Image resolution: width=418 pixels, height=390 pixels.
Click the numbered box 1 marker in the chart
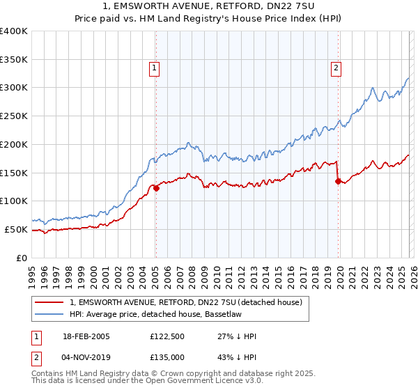click(x=154, y=68)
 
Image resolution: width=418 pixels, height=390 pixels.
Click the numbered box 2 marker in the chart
click(x=336, y=68)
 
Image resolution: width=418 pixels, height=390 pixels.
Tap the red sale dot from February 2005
click(x=156, y=187)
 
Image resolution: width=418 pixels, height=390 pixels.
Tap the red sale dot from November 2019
click(x=338, y=181)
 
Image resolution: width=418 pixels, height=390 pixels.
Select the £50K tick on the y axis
click(x=17, y=229)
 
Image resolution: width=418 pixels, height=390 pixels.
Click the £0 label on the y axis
click(x=22, y=258)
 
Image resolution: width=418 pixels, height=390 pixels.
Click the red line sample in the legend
click(x=50, y=302)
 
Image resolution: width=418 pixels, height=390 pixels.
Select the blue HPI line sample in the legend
click(x=50, y=314)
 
